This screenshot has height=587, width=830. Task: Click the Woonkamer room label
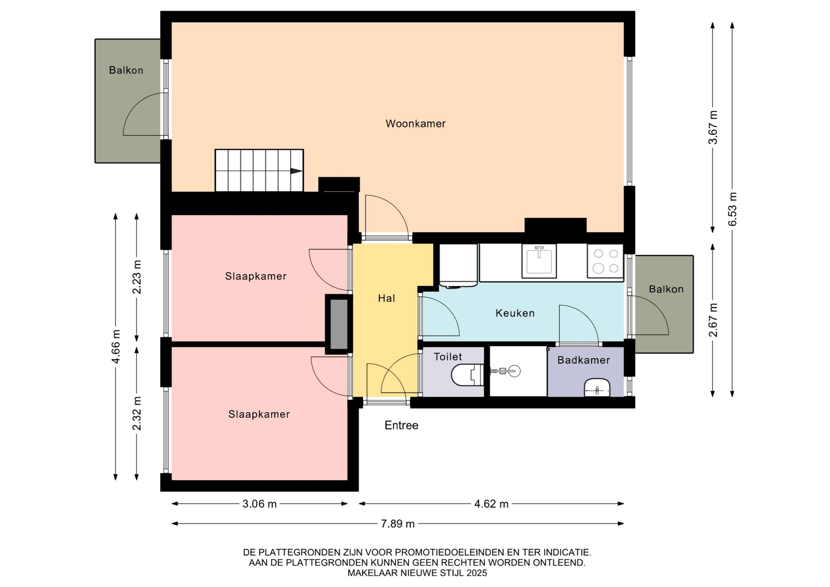pos(415,124)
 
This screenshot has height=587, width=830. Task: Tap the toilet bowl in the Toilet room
pos(467,375)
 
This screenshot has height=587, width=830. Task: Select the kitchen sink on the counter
pos(539,261)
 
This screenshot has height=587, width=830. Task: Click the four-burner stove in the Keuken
pos(605,261)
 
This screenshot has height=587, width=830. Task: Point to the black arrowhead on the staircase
pos(296,171)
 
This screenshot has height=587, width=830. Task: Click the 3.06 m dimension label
pos(259,504)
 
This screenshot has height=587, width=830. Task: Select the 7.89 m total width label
pos(398,524)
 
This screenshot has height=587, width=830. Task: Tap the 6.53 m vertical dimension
pos(732,209)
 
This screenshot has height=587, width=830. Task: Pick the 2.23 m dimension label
pos(137,277)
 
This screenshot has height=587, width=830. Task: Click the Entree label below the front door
pos(402,425)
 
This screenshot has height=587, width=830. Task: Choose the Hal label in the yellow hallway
pos(386,298)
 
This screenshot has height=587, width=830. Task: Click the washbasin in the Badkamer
pos(597,387)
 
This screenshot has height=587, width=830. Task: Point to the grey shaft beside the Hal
pos(339,324)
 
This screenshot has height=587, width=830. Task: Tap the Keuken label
pos(515,313)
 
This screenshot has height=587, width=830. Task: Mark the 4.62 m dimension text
pos(492,504)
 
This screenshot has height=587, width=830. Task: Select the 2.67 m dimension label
pos(713,320)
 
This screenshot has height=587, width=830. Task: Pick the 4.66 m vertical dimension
pos(116,346)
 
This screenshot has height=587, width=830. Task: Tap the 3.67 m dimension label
pos(713,128)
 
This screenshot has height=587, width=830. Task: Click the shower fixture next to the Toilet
pos(505,371)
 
